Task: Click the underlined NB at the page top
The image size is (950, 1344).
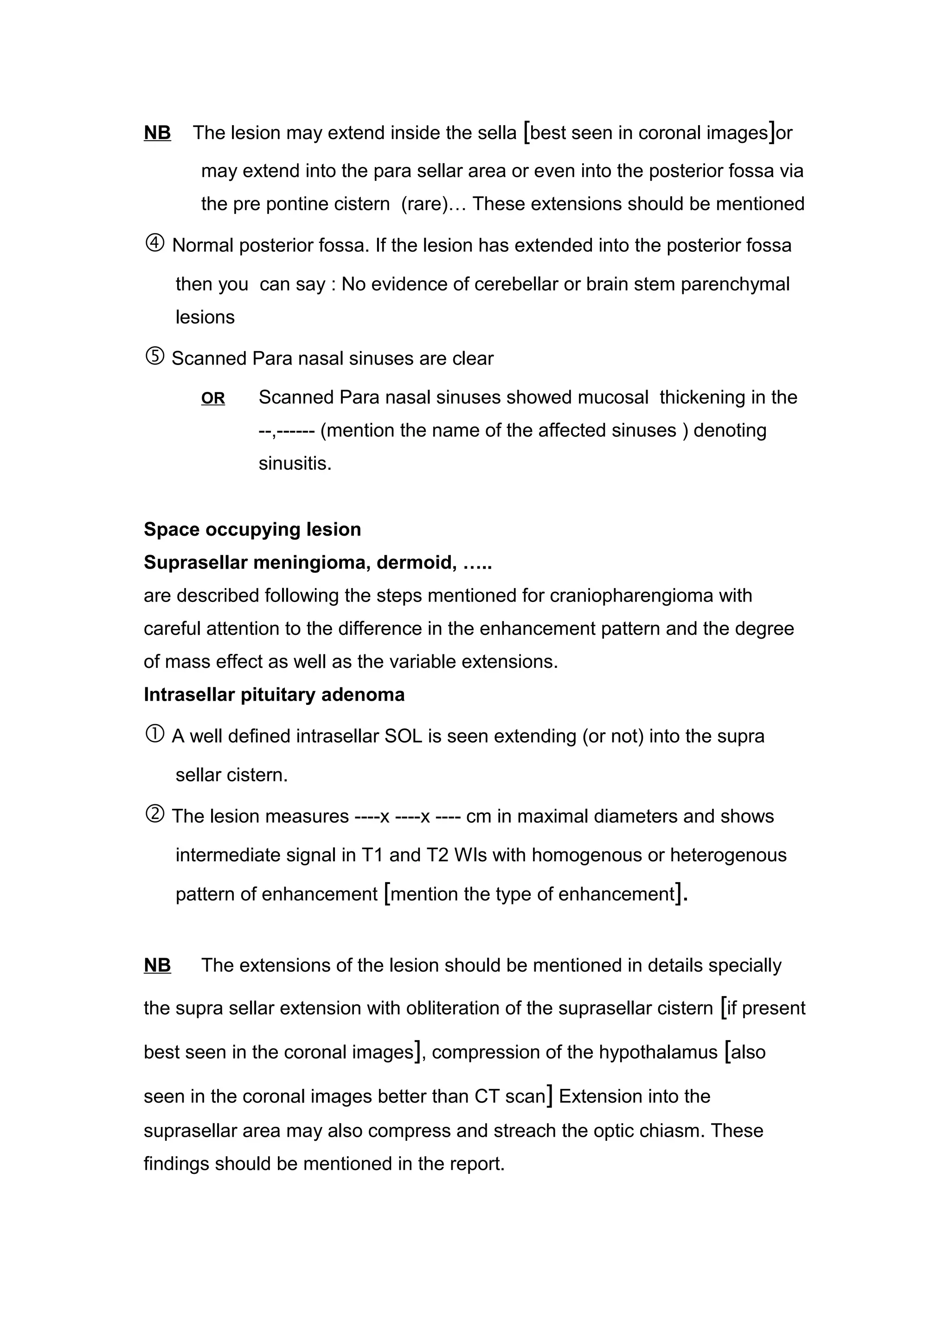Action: click(157, 133)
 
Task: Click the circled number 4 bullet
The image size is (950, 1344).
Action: click(154, 243)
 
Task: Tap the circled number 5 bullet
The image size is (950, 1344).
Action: click(154, 357)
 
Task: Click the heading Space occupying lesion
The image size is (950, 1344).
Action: click(252, 529)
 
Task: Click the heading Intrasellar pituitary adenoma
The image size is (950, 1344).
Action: click(274, 694)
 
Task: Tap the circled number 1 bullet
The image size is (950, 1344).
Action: click(154, 734)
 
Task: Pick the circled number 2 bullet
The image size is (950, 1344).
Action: click(154, 814)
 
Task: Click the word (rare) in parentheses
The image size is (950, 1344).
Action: click(424, 204)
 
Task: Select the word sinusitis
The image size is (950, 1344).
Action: click(295, 464)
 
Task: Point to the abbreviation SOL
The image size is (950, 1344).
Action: click(403, 736)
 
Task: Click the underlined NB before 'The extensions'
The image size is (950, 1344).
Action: click(157, 965)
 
